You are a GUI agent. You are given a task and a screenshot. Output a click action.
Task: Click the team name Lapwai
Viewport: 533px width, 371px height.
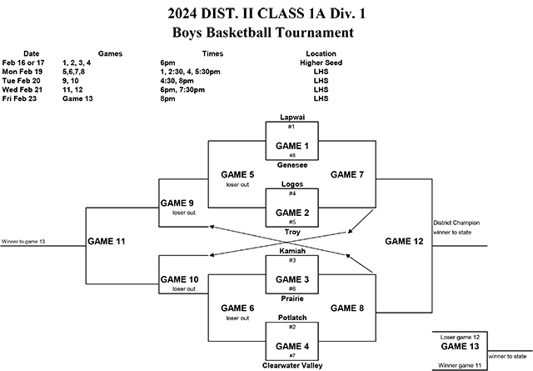pyautogui.click(x=291, y=118)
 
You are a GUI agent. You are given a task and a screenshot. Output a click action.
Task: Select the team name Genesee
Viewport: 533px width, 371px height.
pyautogui.click(x=291, y=164)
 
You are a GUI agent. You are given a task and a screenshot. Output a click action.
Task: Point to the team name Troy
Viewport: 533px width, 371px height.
pyautogui.click(x=291, y=231)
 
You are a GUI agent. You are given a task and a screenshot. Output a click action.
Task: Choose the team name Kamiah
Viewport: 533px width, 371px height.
pyautogui.click(x=291, y=251)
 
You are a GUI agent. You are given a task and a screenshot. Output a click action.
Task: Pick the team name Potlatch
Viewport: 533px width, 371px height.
pyautogui.click(x=291, y=318)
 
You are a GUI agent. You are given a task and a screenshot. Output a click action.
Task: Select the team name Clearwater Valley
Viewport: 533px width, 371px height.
pyautogui.click(x=291, y=363)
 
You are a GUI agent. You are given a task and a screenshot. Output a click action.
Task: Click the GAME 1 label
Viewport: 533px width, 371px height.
pyautogui.click(x=291, y=145)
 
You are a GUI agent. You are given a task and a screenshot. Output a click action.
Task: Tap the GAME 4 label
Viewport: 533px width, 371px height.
pyautogui.click(x=291, y=344)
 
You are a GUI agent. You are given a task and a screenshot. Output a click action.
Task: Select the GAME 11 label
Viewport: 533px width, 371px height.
pyautogui.click(x=107, y=241)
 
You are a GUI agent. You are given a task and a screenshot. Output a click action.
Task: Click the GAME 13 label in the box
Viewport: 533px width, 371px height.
pyautogui.click(x=459, y=347)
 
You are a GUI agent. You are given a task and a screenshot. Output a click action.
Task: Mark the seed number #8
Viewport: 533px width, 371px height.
pyautogui.click(x=291, y=155)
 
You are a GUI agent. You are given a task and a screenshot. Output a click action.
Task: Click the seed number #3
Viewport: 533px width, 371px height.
pyautogui.click(x=291, y=261)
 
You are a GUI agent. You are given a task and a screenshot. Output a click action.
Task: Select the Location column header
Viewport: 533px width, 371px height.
pyautogui.click(x=321, y=53)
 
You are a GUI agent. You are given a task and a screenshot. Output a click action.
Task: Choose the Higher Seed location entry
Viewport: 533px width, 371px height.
pyautogui.click(x=321, y=63)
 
